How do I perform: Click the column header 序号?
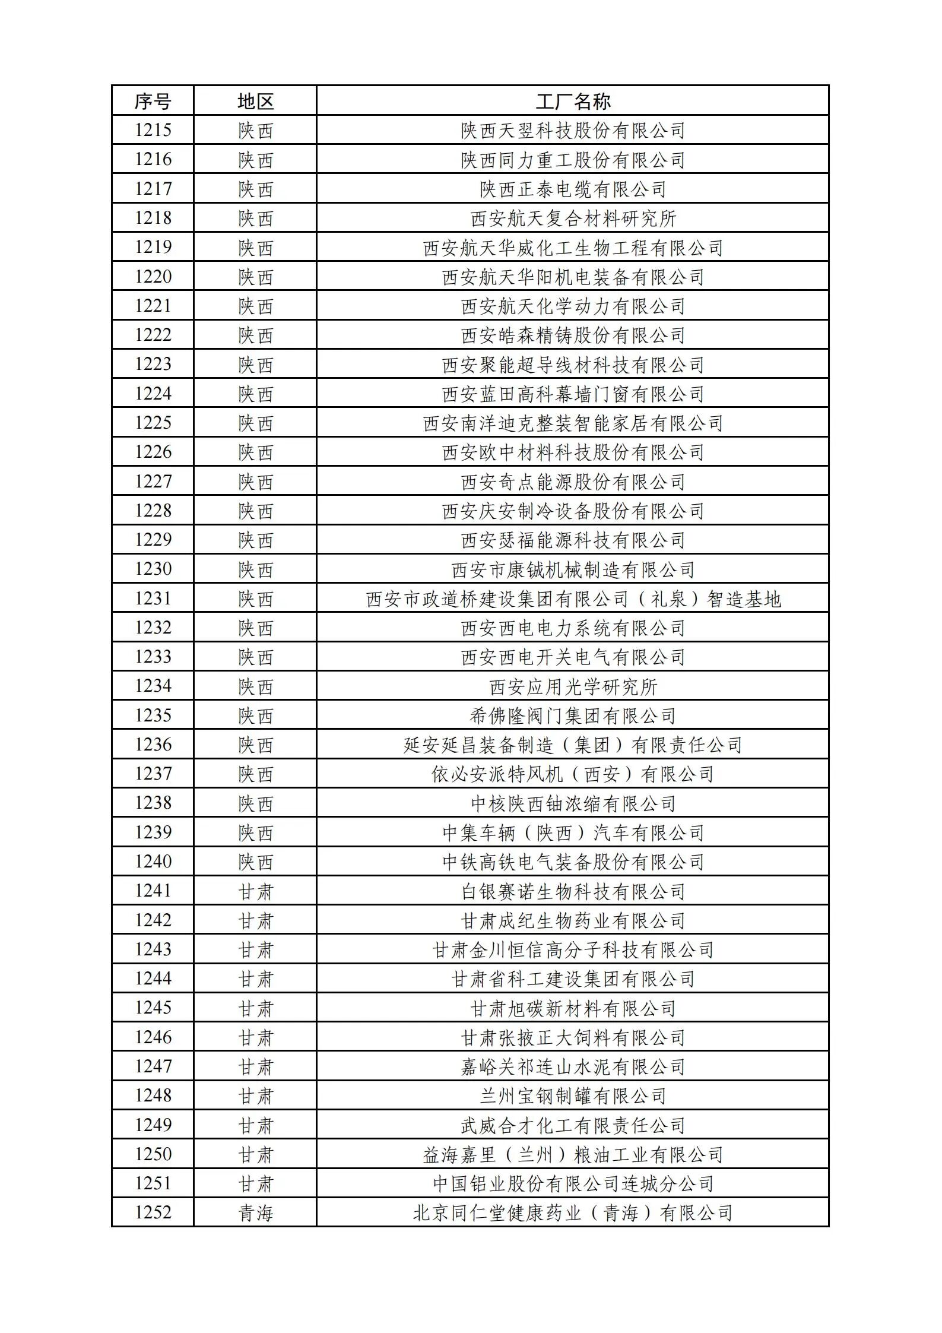click(x=153, y=101)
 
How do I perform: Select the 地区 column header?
click(x=255, y=101)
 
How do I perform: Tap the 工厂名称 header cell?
click(x=572, y=101)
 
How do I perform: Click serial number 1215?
click(x=153, y=130)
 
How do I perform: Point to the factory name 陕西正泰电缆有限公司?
click(x=572, y=189)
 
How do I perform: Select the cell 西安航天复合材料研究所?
click(x=572, y=218)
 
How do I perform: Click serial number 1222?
click(x=153, y=335)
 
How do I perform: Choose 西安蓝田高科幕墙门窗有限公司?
click(x=572, y=394)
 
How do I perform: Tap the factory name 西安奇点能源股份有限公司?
click(x=572, y=482)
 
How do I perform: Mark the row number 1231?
click(x=153, y=599)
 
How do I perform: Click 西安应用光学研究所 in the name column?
click(x=572, y=686)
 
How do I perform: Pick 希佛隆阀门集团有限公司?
click(x=572, y=715)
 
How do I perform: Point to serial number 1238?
click(x=153, y=803)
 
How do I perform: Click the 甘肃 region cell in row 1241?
click(x=255, y=891)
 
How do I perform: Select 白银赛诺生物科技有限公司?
click(x=572, y=891)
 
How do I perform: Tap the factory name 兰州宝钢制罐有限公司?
click(x=572, y=1096)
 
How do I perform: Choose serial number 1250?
click(x=153, y=1154)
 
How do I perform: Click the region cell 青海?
click(x=255, y=1213)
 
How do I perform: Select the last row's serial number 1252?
click(x=153, y=1213)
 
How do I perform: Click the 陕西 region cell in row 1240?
click(x=255, y=862)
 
